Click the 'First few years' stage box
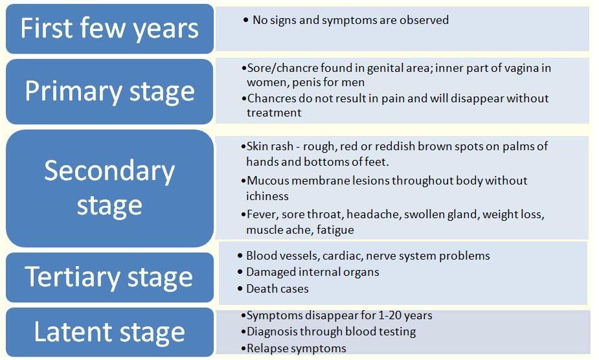[x=109, y=28]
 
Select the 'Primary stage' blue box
[x=109, y=91]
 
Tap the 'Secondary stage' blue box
[x=109, y=188]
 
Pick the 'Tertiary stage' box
[x=109, y=277]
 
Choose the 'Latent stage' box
[x=109, y=332]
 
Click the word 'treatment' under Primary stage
[x=274, y=113]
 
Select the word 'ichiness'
[x=267, y=196]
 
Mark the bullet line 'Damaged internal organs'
[x=309, y=272]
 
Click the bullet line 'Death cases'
[x=273, y=289]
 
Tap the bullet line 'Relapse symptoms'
[x=294, y=348]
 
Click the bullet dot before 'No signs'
[x=245, y=20]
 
